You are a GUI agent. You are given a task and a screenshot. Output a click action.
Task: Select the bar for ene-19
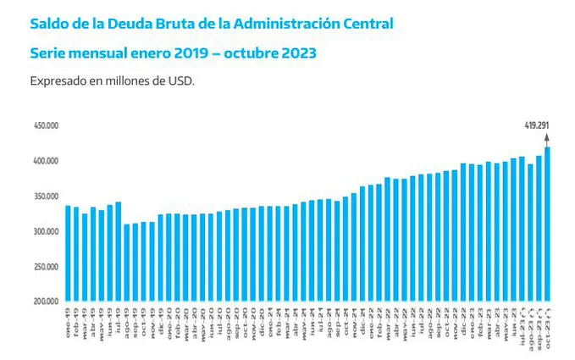click(68, 253)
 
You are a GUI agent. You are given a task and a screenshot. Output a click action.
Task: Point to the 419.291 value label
click(537, 125)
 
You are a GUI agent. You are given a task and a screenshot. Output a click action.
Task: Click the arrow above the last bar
click(548, 138)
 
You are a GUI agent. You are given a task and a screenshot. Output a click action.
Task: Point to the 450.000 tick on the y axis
click(45, 125)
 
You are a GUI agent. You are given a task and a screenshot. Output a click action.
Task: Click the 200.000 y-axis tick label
click(45, 302)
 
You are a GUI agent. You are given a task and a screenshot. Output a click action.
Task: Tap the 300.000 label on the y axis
click(45, 231)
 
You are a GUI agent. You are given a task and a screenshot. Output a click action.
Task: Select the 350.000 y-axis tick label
click(45, 196)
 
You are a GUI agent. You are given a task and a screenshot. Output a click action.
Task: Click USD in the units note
click(183, 81)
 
